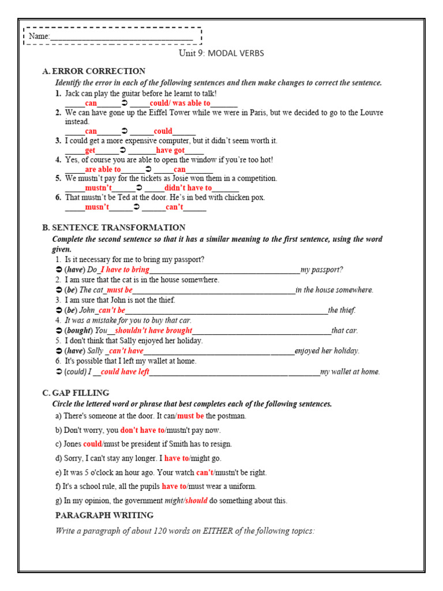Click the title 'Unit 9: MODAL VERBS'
click(221, 53)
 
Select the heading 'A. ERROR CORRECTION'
click(93, 71)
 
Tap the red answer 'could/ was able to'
click(179, 103)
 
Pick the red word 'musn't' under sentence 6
click(97, 207)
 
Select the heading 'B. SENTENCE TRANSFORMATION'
click(114, 227)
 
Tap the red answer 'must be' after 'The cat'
click(119, 290)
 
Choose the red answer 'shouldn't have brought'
click(153, 331)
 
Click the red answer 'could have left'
click(125, 372)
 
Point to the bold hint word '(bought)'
click(78, 331)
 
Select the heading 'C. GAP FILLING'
click(76, 393)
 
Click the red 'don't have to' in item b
click(142, 430)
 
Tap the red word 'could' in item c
click(92, 444)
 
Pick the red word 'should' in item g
click(196, 500)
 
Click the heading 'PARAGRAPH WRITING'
click(104, 515)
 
